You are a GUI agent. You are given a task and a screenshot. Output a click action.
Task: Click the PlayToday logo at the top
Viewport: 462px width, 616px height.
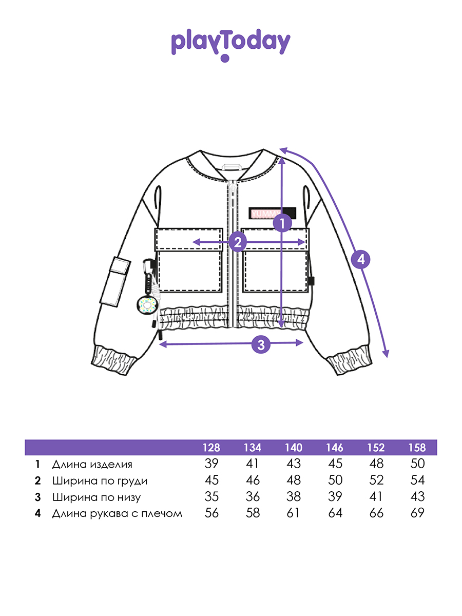click(230, 44)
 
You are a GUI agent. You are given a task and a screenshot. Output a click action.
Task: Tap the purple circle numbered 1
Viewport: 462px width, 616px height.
click(282, 224)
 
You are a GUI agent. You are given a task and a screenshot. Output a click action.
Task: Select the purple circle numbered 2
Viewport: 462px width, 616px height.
click(237, 242)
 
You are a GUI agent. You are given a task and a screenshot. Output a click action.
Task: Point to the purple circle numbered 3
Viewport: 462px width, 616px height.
click(261, 344)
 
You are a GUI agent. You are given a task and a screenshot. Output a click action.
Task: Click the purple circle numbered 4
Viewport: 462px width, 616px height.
click(361, 260)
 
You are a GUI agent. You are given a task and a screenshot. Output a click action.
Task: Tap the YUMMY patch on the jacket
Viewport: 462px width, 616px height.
click(272, 212)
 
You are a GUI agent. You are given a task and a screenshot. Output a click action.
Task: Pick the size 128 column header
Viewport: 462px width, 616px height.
click(211, 448)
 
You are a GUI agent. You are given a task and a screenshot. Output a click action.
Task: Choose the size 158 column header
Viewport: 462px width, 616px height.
click(417, 448)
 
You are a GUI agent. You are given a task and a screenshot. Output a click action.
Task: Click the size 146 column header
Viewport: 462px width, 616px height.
click(335, 448)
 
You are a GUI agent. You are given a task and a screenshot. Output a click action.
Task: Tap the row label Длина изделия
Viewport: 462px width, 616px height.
click(92, 465)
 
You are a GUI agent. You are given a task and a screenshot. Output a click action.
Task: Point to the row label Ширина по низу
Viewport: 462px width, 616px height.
click(96, 497)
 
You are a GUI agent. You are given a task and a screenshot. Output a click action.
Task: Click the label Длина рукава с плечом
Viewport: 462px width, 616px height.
click(117, 513)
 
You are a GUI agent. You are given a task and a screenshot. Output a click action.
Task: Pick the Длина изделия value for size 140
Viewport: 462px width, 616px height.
click(294, 464)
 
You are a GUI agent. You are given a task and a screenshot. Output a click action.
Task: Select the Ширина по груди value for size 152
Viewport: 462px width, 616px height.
click(376, 480)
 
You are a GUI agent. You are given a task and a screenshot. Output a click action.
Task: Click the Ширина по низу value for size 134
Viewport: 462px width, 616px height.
click(253, 497)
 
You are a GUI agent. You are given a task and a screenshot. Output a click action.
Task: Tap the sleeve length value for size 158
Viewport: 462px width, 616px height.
click(417, 513)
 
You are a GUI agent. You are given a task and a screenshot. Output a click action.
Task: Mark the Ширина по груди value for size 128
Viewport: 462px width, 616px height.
click(211, 480)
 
